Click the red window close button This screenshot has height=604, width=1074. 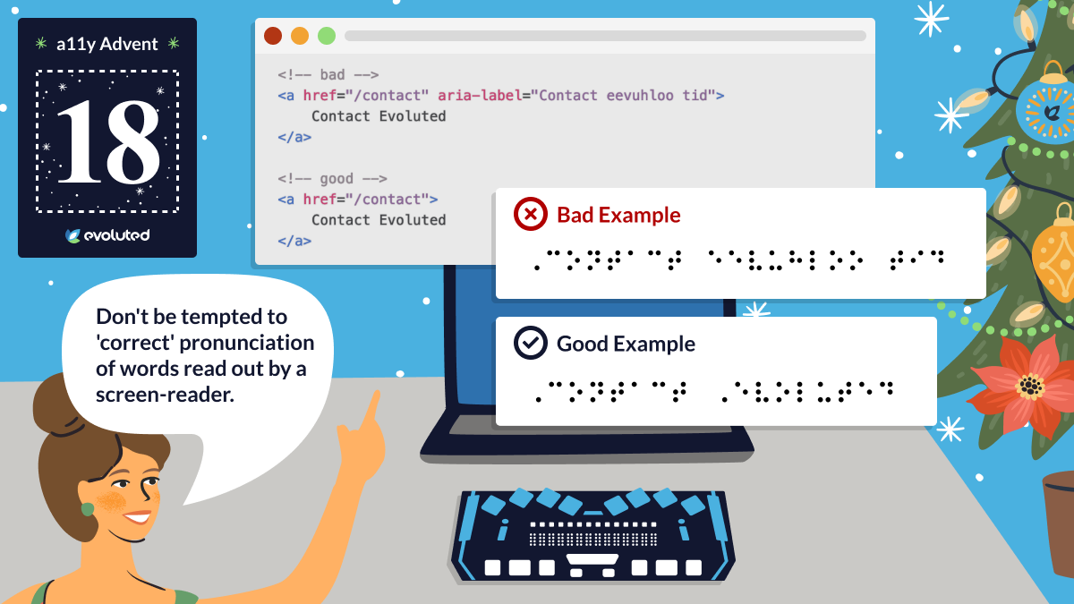[x=273, y=36]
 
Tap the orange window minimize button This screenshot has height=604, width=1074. [x=300, y=36]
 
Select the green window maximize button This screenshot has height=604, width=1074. [x=327, y=36]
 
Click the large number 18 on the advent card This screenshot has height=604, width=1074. [x=108, y=142]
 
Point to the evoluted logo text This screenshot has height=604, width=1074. [x=116, y=235]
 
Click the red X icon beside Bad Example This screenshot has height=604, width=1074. [x=530, y=214]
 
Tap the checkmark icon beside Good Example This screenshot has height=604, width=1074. [x=530, y=343]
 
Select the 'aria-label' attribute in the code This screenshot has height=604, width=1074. [x=480, y=96]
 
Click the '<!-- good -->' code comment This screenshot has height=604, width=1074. [x=332, y=179]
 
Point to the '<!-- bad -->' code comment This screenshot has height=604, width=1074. [x=328, y=75]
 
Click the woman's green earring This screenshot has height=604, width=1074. [x=88, y=508]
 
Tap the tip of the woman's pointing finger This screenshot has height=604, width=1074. [x=377, y=393]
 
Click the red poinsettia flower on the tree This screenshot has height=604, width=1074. [x=1026, y=386]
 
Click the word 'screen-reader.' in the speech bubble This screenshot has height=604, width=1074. [x=165, y=395]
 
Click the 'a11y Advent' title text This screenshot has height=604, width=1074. [x=107, y=44]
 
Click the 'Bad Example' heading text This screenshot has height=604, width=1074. [x=618, y=215]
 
